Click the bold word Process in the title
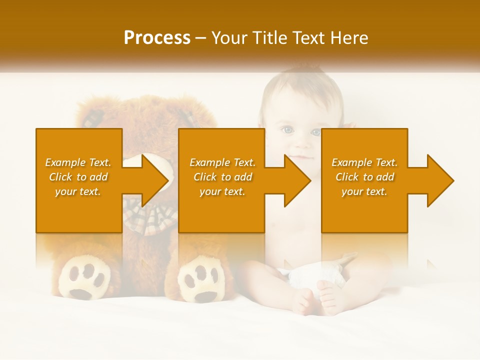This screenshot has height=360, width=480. (x=157, y=38)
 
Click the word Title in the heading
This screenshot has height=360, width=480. (x=271, y=38)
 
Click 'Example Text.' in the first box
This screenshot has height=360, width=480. (x=78, y=162)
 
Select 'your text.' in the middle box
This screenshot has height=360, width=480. (x=222, y=191)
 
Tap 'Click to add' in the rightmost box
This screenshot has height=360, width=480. (x=364, y=177)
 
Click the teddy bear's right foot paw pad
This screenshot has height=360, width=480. (x=201, y=280)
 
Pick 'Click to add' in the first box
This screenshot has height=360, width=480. (x=78, y=177)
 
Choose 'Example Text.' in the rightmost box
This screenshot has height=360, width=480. (x=364, y=162)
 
